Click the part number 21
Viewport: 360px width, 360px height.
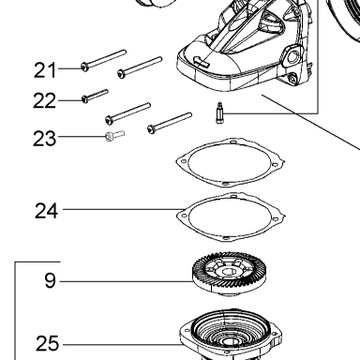[x=45, y=70]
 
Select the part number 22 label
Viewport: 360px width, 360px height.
[x=44, y=101]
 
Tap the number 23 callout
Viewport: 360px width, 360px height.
[x=44, y=139]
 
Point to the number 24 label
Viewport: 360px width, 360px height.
[x=46, y=210]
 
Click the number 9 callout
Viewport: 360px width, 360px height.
[x=50, y=280]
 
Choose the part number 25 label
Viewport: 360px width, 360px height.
[x=47, y=343]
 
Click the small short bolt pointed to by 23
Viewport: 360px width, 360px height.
[x=114, y=136]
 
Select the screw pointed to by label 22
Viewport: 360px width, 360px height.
[x=95, y=96]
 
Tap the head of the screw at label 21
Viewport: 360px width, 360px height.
[x=84, y=67]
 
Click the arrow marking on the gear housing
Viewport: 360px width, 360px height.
[x=202, y=61]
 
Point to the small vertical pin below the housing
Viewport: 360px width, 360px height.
[x=219, y=112]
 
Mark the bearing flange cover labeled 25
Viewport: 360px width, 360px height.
[x=231, y=335]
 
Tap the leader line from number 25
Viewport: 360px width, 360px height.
[x=123, y=345]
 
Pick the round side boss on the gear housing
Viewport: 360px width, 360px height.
[x=292, y=57]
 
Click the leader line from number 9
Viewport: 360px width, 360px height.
[x=127, y=281]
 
